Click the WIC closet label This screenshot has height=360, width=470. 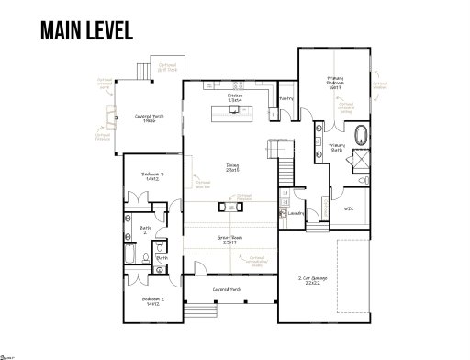point(348,208)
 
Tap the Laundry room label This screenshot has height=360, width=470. point(296,213)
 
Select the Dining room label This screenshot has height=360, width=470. point(233,168)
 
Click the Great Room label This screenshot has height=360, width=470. point(229,239)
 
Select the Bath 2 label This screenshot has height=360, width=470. point(145,230)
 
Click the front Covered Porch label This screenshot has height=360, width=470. point(227,290)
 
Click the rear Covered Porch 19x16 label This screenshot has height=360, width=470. point(150,118)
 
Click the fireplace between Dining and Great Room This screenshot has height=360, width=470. point(223,206)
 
